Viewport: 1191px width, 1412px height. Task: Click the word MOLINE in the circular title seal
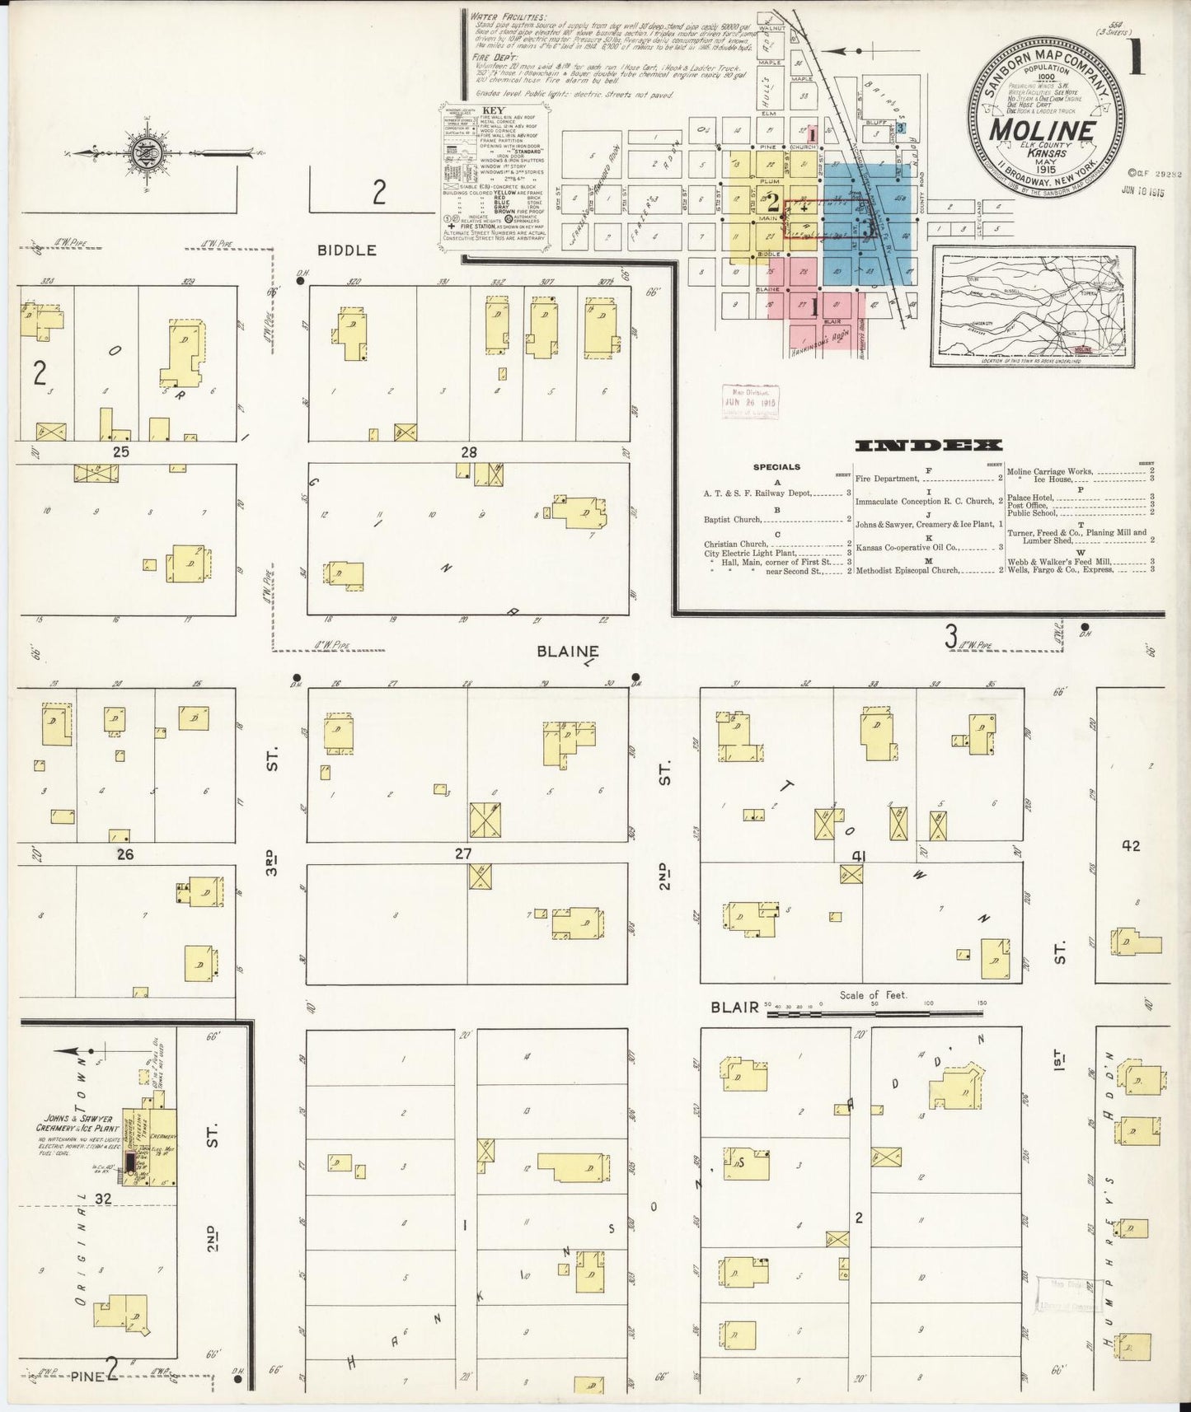[1042, 131]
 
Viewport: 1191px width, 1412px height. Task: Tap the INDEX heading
[929, 446]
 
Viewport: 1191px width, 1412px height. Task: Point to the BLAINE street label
[566, 651]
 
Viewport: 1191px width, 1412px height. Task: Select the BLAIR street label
[734, 1008]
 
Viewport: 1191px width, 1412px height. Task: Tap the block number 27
[462, 854]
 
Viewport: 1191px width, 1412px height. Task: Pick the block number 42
[1130, 845]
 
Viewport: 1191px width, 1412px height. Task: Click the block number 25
[121, 452]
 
